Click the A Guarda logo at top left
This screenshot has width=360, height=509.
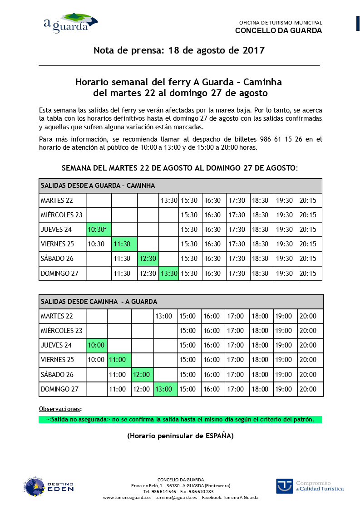(x=70, y=23)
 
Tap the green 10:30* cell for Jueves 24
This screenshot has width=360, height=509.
(x=99, y=230)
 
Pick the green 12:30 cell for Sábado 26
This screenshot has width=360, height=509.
(x=148, y=259)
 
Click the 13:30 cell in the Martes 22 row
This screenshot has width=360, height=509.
(x=168, y=200)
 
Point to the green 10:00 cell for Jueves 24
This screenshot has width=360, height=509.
(x=96, y=345)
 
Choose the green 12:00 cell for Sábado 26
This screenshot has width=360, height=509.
(x=142, y=375)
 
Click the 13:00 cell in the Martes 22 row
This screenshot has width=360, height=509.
(x=164, y=316)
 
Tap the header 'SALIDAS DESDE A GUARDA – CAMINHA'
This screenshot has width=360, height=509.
(x=98, y=186)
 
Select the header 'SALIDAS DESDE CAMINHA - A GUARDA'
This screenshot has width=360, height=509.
(x=99, y=302)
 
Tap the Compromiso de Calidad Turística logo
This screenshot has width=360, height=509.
(x=310, y=486)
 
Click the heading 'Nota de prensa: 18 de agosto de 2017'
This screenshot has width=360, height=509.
(x=179, y=50)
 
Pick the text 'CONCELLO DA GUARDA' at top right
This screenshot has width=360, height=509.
(x=278, y=31)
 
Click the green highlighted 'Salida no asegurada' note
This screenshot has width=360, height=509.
(x=180, y=420)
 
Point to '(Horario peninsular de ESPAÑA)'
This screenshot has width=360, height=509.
(x=180, y=436)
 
